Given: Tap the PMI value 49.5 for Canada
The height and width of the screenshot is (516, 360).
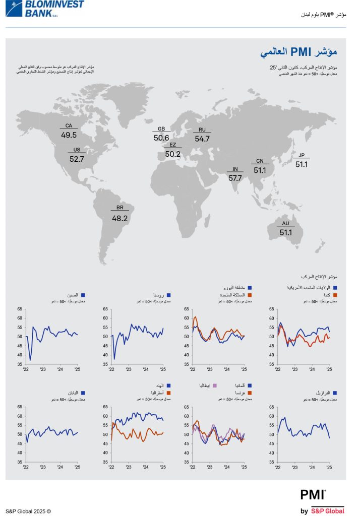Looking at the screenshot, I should point(69,135).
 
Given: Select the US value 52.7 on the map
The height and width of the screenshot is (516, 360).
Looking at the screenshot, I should point(77,159).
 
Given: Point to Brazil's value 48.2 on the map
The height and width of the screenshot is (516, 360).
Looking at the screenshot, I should point(119,219).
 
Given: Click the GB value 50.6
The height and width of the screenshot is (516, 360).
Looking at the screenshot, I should point(161,138).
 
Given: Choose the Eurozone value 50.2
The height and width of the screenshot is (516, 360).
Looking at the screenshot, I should point(172,154).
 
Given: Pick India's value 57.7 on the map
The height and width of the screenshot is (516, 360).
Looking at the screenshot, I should point(235,178).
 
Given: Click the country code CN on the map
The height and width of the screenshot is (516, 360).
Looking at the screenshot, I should point(260,162).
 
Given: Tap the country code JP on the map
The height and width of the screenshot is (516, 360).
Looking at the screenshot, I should point(302,155).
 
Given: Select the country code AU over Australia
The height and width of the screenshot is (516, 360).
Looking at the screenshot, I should point(285,224).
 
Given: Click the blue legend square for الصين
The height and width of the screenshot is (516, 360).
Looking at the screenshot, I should point(83,295).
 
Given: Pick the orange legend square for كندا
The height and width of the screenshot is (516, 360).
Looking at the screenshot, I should point(334,295).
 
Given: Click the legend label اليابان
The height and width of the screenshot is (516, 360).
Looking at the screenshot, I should point(70,392).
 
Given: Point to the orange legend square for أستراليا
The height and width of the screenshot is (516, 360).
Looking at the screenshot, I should point(168,393).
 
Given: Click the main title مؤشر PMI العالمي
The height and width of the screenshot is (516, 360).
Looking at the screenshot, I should point(298,52).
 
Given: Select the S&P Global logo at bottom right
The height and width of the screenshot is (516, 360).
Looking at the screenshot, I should point(328,510).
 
